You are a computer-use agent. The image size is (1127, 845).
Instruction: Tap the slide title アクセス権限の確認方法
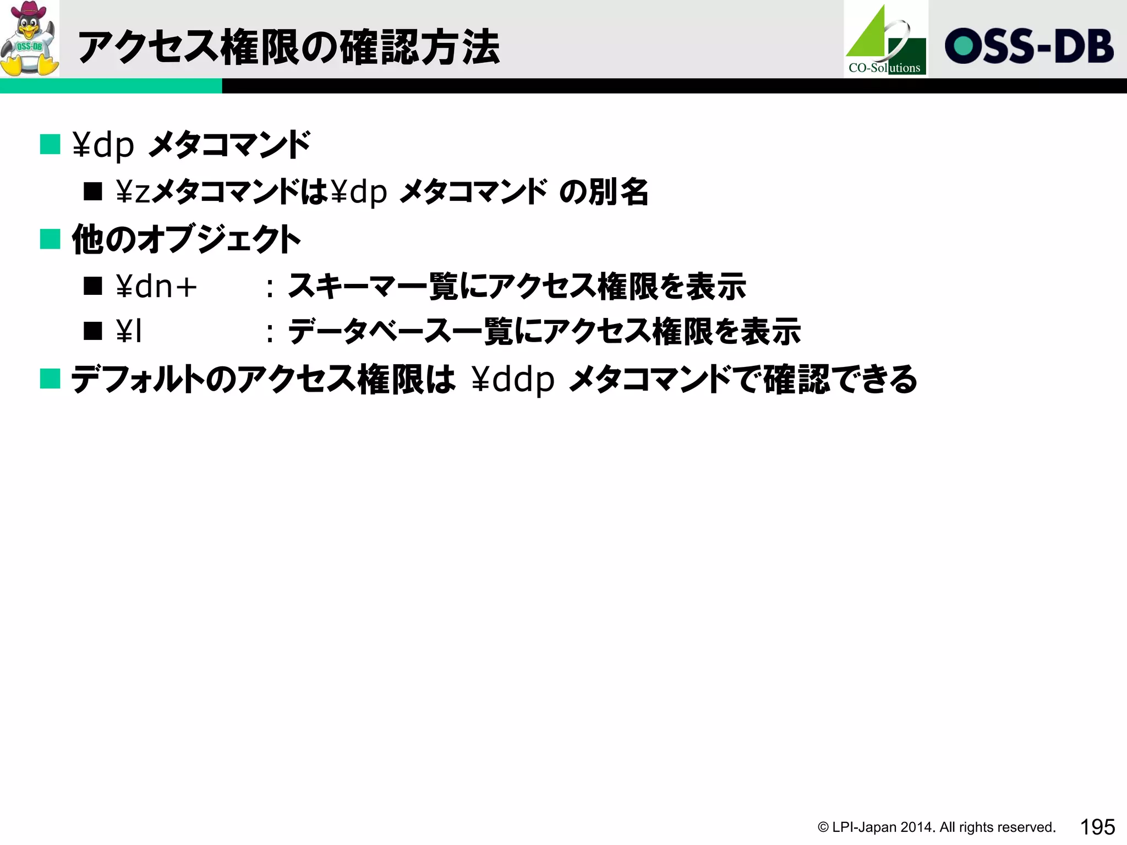click(289, 47)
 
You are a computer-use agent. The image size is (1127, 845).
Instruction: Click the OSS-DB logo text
click(1029, 46)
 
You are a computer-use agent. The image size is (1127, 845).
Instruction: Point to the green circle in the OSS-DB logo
click(964, 46)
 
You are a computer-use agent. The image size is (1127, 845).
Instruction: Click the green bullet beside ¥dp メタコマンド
click(50, 145)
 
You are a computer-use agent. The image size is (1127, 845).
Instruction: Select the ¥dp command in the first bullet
click(103, 145)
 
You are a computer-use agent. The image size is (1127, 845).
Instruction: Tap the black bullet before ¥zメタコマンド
click(93, 191)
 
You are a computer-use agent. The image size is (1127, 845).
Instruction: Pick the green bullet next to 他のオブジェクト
click(50, 239)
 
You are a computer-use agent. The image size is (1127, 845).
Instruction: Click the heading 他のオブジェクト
click(186, 239)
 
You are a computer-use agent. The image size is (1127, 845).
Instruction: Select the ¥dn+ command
click(156, 287)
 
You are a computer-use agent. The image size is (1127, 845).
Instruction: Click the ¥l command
click(130, 332)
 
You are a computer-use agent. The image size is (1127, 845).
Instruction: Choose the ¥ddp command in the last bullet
click(513, 380)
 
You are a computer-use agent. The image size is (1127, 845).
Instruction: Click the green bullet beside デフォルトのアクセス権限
click(50, 379)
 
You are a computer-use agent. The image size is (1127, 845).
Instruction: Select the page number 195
click(1097, 827)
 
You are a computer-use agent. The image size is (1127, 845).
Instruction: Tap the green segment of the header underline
click(111, 86)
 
